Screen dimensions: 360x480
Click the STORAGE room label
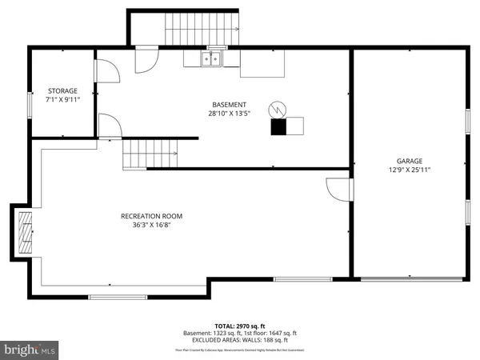[62, 90]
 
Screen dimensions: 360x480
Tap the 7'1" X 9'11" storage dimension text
[62, 100]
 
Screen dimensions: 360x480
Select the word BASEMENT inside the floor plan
[229, 105]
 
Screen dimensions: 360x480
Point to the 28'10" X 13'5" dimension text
[229, 114]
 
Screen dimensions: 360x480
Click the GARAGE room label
[410, 160]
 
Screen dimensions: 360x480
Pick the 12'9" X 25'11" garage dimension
[410, 170]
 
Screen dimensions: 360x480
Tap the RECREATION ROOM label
[151, 216]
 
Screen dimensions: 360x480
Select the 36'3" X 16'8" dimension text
[151, 226]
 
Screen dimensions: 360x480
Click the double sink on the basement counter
[212, 58]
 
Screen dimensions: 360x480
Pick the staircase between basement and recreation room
[149, 153]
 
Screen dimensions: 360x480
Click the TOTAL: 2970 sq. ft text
[240, 326]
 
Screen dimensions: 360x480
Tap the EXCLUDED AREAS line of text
[240, 340]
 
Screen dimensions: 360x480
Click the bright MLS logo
[30, 350]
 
